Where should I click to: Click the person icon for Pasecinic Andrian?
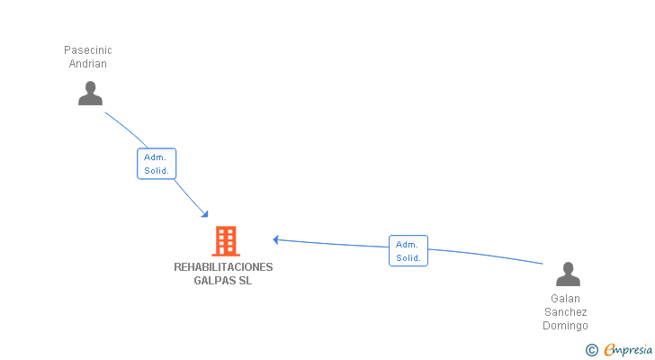[90, 94]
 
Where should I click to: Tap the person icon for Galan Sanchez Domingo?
[568, 274]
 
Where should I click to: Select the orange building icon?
[226, 241]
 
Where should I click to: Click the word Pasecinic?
[88, 50]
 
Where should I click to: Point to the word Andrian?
[88, 64]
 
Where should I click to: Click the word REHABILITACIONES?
[223, 267]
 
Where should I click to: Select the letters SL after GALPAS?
[246, 281]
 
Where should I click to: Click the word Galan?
[566, 299]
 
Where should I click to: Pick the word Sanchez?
[566, 312]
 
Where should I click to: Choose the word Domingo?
[566, 326]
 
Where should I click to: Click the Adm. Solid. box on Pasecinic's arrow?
[157, 164]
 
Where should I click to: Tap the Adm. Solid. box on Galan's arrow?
[408, 251]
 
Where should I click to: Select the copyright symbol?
[591, 350]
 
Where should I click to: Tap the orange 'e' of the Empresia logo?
[610, 350]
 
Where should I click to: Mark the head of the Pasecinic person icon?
[90, 87]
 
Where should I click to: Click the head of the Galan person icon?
[568, 267]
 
